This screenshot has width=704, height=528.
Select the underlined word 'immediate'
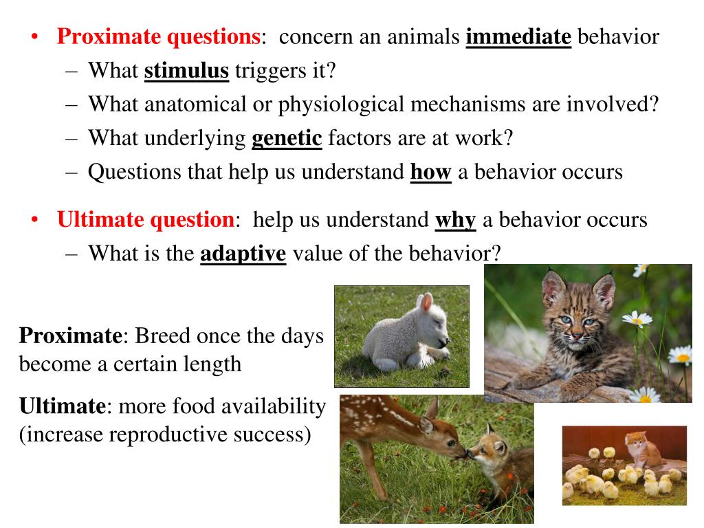[x=518, y=36]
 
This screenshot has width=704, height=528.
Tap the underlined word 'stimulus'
[x=186, y=71]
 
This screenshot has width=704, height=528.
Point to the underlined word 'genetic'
[x=287, y=138]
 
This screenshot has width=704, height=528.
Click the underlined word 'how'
[x=430, y=172]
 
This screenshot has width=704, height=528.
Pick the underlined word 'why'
[x=455, y=220]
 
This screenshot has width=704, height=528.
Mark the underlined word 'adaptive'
[x=243, y=254]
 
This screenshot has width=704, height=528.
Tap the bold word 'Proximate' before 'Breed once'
[x=70, y=336]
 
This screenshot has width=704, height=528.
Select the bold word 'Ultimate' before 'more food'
[x=61, y=406]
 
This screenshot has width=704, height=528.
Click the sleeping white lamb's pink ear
[x=427, y=303]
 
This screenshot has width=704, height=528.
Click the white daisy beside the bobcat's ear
[x=636, y=318]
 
